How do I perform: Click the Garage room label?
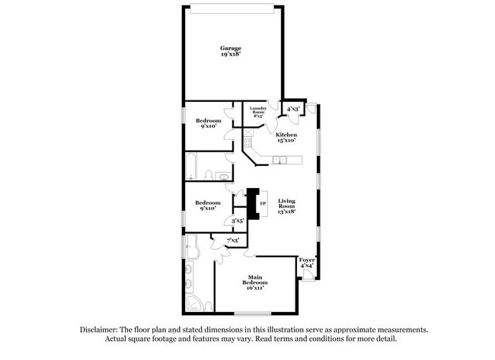click(x=231, y=48)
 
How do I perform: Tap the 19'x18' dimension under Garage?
click(x=231, y=55)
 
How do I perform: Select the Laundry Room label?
click(x=257, y=110)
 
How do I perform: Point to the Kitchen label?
click(x=286, y=134)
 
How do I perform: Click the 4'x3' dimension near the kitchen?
click(x=292, y=110)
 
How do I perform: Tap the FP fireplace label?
click(x=263, y=204)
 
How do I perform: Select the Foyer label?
click(x=307, y=260)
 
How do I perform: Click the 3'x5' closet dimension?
click(x=237, y=221)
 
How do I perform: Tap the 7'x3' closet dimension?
click(x=232, y=241)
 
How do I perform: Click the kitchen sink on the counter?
click(x=279, y=160)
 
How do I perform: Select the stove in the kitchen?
click(x=248, y=140)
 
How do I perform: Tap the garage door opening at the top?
click(x=232, y=8)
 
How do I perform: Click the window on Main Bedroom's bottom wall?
click(x=253, y=314)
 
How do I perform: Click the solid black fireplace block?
click(x=254, y=204)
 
